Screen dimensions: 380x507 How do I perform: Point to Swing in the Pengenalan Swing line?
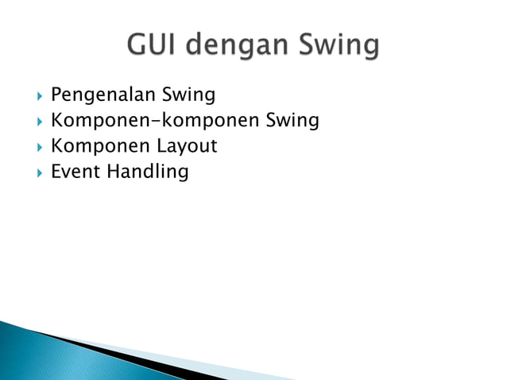(188, 97)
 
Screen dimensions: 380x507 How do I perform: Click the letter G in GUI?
(136, 46)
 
